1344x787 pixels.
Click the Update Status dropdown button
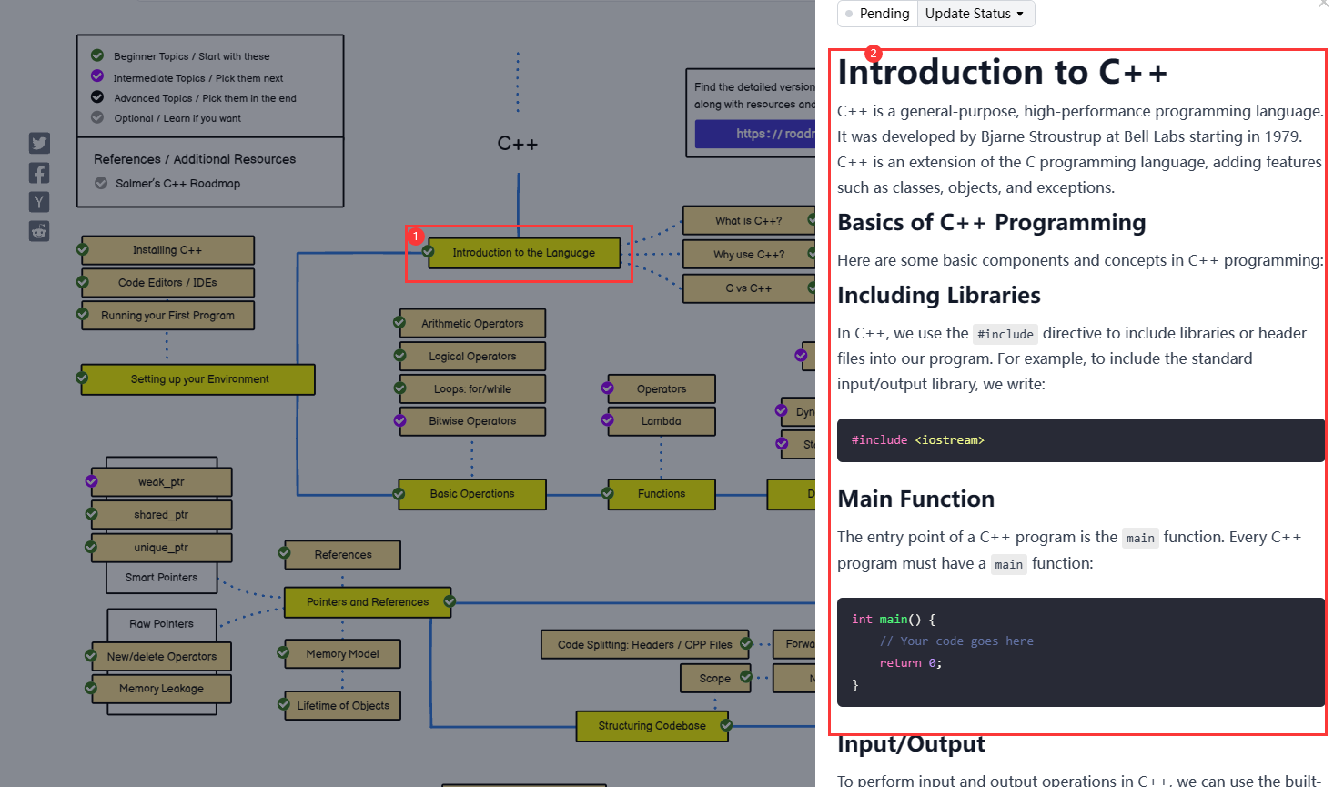point(975,14)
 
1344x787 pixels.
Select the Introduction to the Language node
point(523,253)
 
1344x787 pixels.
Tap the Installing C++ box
point(167,250)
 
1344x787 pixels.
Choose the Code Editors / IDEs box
point(167,283)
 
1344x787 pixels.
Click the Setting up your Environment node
point(199,379)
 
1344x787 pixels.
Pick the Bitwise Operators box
point(472,421)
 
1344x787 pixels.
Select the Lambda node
point(661,421)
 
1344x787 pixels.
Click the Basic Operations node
point(472,494)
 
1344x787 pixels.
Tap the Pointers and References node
point(368,602)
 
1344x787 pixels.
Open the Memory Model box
point(342,654)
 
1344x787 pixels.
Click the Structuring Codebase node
point(652,726)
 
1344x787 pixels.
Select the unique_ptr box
point(161,548)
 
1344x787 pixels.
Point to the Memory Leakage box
point(161,689)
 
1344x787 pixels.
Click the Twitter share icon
point(39,143)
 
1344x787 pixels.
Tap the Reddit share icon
point(39,231)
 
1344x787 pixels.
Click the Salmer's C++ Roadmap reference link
point(177,184)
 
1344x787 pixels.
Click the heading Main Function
point(915,499)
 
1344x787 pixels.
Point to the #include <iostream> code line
point(917,440)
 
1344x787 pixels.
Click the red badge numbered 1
point(415,237)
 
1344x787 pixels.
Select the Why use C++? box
point(748,255)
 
